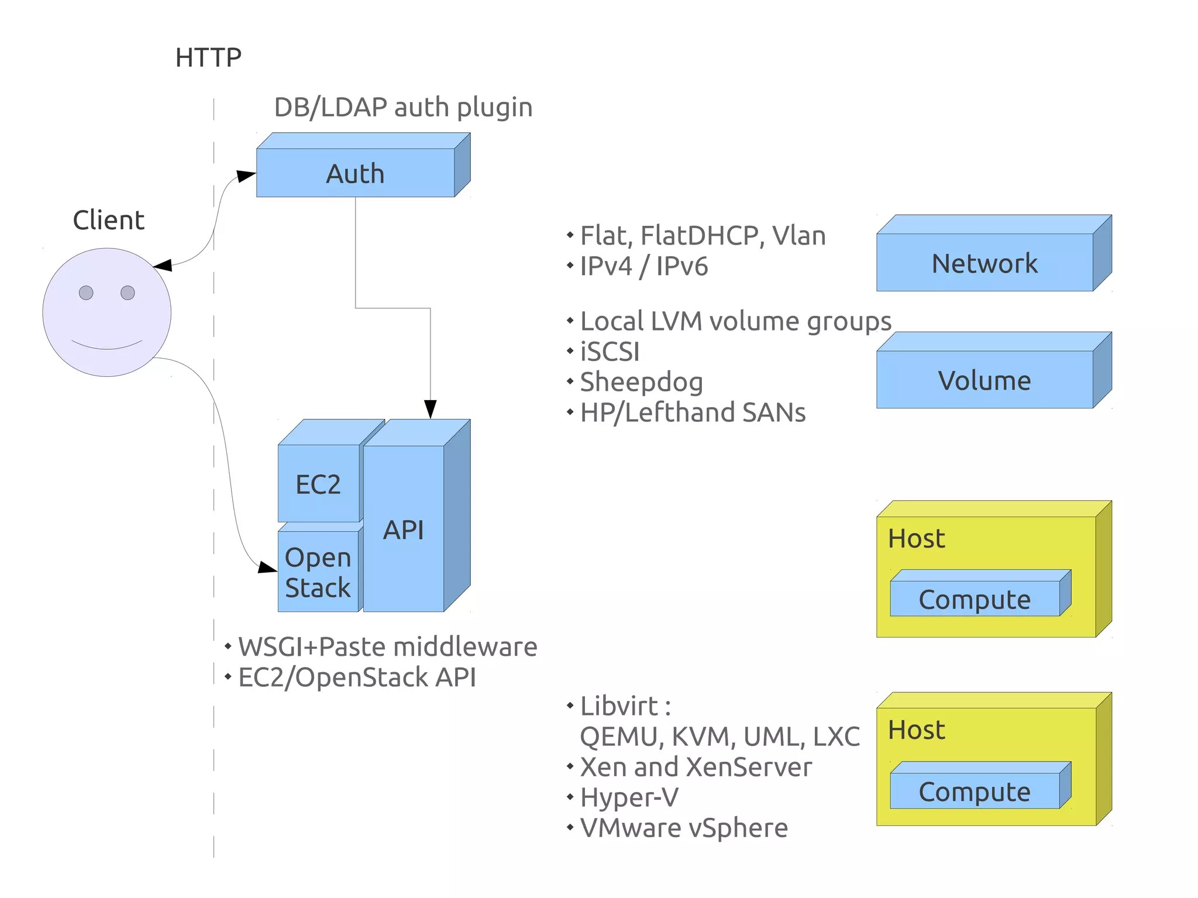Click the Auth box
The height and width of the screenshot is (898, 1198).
pos(355,173)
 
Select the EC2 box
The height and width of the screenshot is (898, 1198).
pos(318,484)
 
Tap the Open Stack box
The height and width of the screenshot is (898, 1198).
pos(318,572)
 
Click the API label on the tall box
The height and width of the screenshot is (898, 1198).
pos(403,530)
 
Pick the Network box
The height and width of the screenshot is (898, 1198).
pos(984,263)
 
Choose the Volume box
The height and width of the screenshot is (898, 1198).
pos(984,380)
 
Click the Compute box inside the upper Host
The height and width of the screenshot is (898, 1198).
pos(975,599)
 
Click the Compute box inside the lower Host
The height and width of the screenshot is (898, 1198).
pos(975,792)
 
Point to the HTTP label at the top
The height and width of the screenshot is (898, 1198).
pos(208,57)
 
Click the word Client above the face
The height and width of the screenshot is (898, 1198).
pos(109,220)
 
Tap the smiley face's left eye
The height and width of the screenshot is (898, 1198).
pos(86,293)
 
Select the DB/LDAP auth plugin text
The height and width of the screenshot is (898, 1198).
pos(403,107)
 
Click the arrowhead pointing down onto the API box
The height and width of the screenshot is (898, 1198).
pos(431,409)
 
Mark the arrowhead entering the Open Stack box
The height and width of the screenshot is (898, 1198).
pos(267,567)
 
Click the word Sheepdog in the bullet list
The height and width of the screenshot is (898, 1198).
pos(641,382)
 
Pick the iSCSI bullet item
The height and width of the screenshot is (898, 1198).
pos(610,352)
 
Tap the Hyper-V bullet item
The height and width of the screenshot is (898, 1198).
pos(629,797)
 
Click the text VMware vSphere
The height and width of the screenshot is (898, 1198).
pos(684,827)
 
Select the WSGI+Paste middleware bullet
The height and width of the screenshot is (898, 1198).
pos(387,646)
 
